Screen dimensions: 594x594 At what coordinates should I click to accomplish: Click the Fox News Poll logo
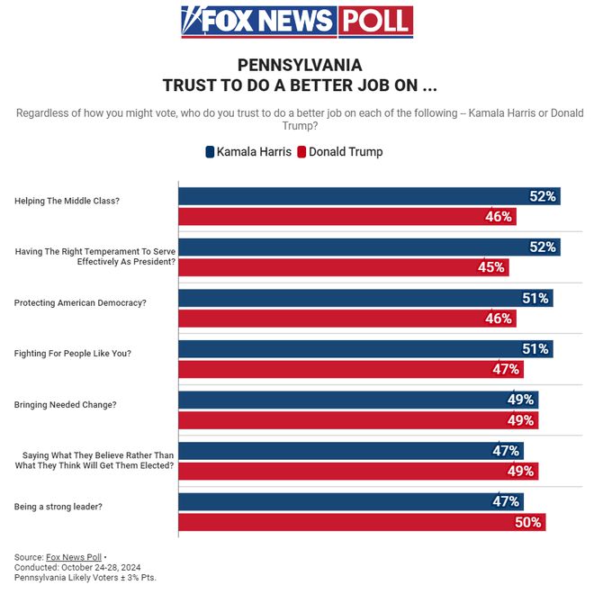[x=297, y=22]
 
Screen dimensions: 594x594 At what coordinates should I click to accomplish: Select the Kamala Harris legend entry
[x=248, y=152]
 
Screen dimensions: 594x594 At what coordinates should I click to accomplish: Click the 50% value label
[x=529, y=522]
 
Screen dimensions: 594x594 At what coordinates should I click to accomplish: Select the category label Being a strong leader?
[x=58, y=507]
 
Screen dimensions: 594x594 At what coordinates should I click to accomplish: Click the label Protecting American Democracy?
[x=80, y=303]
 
